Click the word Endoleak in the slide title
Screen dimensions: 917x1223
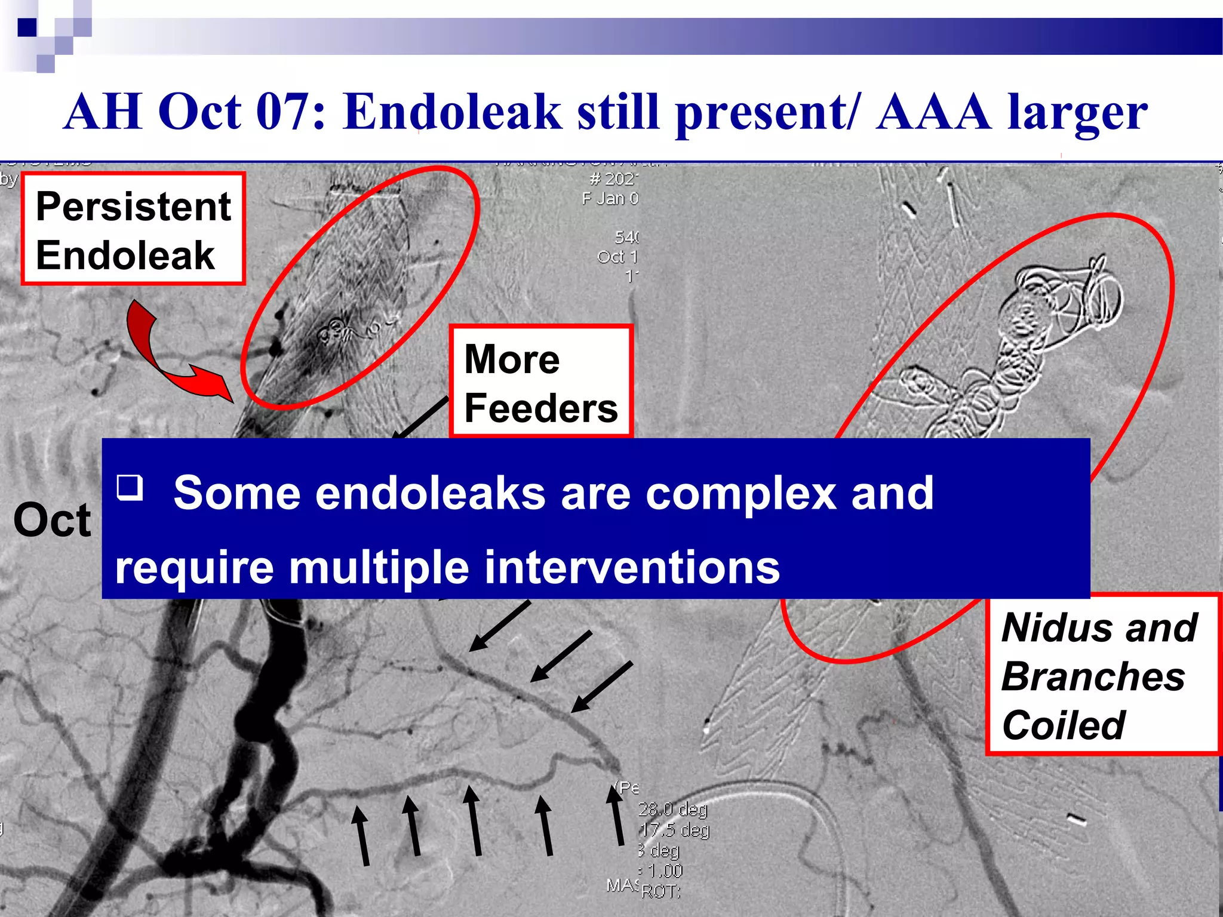click(x=452, y=112)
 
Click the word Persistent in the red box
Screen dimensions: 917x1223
click(x=133, y=206)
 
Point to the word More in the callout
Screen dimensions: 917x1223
click(x=512, y=359)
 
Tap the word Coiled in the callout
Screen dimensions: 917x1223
click(x=1063, y=725)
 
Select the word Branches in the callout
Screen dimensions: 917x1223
click(x=1093, y=676)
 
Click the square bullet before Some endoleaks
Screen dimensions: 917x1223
click(x=130, y=487)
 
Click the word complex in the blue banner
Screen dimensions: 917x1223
click(x=740, y=493)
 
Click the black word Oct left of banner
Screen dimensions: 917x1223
click(x=53, y=520)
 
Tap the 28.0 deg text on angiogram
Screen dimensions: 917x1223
click(x=672, y=810)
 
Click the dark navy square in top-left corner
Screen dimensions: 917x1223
click(x=27, y=27)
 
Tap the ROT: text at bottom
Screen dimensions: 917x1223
click(x=660, y=891)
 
